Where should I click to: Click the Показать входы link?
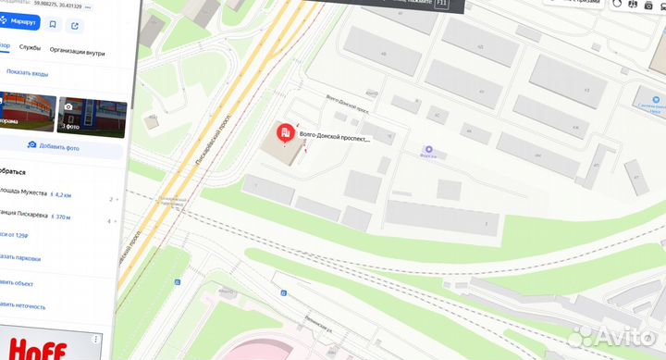click(27, 72)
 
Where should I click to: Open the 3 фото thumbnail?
click(91, 116)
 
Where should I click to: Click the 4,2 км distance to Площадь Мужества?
click(61, 195)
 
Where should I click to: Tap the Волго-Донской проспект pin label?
click(334, 139)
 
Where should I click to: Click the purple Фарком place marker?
click(428, 149)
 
